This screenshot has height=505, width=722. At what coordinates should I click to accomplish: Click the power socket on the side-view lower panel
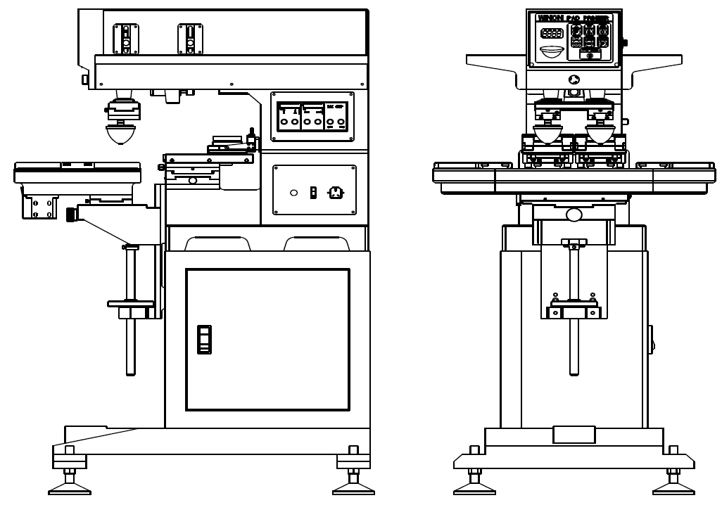[x=336, y=192]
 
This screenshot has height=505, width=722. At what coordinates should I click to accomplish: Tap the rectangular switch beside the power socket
[x=313, y=192]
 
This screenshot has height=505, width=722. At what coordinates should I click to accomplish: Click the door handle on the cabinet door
[x=204, y=339]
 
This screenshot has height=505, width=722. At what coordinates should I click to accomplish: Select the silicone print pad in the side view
[x=122, y=134]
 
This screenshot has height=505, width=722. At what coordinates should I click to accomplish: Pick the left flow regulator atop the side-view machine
[x=126, y=39]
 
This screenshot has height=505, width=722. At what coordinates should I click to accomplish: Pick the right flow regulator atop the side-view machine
[x=190, y=39]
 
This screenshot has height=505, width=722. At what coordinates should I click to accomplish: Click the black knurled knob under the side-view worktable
[x=71, y=214]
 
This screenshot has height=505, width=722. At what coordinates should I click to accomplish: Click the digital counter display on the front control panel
[x=552, y=33]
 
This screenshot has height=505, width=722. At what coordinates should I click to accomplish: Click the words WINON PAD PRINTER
[x=573, y=18]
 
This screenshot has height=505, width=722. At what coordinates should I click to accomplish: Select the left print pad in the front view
[x=547, y=133]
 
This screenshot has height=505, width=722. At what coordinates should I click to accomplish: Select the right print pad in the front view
[x=600, y=133]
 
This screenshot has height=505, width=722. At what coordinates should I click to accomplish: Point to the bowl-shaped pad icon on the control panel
[x=552, y=51]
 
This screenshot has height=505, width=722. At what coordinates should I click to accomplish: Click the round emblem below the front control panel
[x=574, y=79]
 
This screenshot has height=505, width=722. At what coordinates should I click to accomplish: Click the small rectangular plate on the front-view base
[x=574, y=435]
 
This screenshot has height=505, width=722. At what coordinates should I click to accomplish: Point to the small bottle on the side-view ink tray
[x=251, y=136]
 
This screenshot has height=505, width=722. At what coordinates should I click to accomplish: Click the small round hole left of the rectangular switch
[x=293, y=193]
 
